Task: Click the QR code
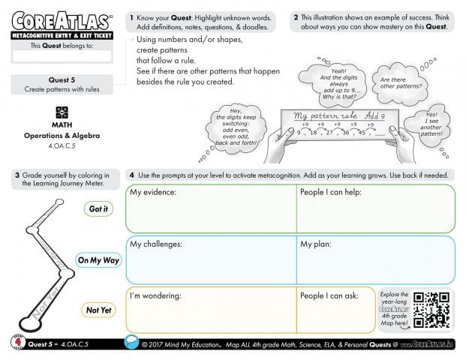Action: click(431, 308)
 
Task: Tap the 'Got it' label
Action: click(98, 209)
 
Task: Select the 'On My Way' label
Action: click(98, 260)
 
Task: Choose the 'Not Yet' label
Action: click(98, 310)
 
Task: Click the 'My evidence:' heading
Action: click(153, 193)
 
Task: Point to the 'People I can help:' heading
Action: click(333, 193)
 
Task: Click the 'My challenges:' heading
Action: click(156, 244)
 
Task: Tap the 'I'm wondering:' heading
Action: click(156, 295)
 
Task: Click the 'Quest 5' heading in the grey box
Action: click(62, 79)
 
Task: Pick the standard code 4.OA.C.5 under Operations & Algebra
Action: click(62, 147)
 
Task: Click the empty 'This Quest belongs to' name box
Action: click(62, 55)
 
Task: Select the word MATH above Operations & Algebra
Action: click(62, 125)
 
